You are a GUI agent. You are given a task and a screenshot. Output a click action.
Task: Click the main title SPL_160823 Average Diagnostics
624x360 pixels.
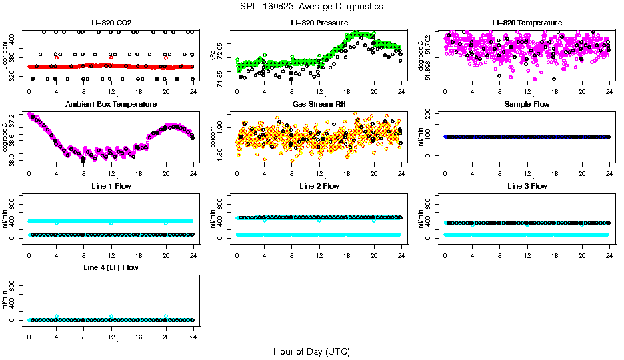[x=312, y=6]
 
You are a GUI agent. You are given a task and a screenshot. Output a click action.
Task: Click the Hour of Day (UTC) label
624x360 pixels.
[x=311, y=351]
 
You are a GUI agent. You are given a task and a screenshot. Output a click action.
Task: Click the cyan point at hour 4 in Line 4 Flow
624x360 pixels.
[x=57, y=317]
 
